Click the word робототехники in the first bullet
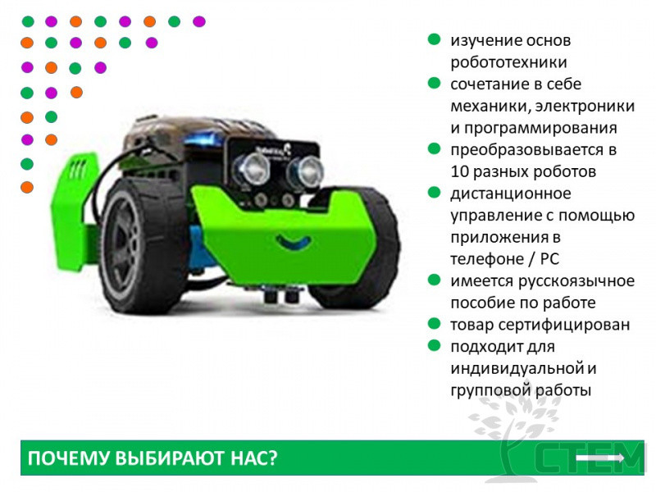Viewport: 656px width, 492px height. pyautogui.click(x=508, y=62)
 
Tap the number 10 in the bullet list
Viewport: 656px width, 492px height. pyautogui.click(x=459, y=171)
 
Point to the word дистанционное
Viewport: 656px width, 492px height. pyautogui.click(x=511, y=194)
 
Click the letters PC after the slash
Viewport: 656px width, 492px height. pyautogui.click(x=549, y=259)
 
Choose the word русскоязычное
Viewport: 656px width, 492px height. pyautogui.click(x=576, y=281)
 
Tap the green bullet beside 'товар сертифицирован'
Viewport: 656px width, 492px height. pyautogui.click(x=435, y=323)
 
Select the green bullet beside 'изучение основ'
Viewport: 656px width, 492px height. pyautogui.click(x=435, y=39)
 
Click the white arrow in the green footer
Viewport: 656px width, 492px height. pyautogui.click(x=600, y=458)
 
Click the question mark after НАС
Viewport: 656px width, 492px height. pyautogui.click(x=273, y=458)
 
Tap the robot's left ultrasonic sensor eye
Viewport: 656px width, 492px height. pyautogui.click(x=252, y=169)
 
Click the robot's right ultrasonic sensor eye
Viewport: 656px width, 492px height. pyautogui.click(x=304, y=171)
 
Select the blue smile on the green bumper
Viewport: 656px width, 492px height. pyautogui.click(x=294, y=242)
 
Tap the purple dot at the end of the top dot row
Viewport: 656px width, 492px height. pyautogui.click(x=199, y=21)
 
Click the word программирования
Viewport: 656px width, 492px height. pyautogui.click(x=534, y=128)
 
